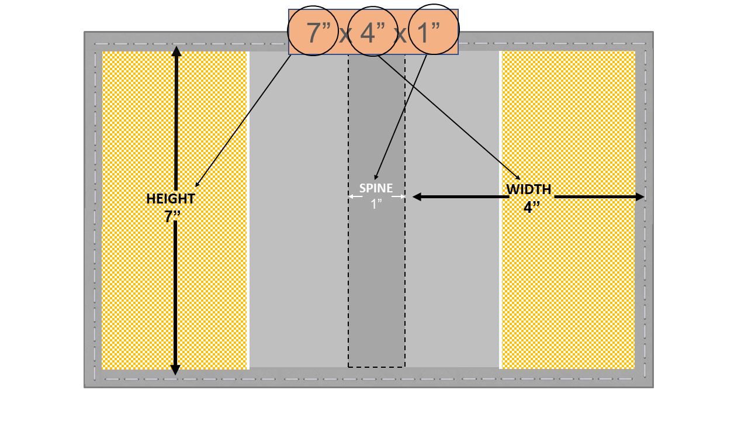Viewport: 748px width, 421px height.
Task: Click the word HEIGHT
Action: (x=171, y=199)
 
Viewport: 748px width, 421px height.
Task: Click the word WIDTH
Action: (x=529, y=189)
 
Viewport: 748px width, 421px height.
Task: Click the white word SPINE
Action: (x=376, y=188)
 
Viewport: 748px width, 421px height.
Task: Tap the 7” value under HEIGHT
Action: (x=172, y=216)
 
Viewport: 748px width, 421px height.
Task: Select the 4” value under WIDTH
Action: (x=532, y=207)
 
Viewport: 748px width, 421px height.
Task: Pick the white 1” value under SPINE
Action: (x=376, y=204)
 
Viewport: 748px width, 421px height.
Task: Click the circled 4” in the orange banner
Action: (x=372, y=32)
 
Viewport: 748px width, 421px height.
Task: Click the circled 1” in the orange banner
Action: (x=428, y=32)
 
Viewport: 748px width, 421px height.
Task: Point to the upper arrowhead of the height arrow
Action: (x=176, y=51)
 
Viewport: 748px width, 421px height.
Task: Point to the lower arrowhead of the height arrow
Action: (x=175, y=370)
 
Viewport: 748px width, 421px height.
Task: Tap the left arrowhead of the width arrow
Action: (x=417, y=197)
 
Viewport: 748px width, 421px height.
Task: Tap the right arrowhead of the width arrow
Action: (x=640, y=197)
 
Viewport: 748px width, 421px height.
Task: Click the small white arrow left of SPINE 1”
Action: (x=355, y=196)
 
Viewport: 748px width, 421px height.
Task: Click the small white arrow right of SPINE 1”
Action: (x=399, y=196)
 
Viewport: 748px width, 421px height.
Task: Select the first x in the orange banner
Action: (x=345, y=34)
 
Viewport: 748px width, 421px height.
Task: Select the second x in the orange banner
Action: (x=400, y=34)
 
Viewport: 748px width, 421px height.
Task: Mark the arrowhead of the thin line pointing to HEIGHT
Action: (x=197, y=185)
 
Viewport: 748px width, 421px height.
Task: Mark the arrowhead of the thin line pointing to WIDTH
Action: (x=518, y=178)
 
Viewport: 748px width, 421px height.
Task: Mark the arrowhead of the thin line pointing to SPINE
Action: (x=376, y=177)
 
